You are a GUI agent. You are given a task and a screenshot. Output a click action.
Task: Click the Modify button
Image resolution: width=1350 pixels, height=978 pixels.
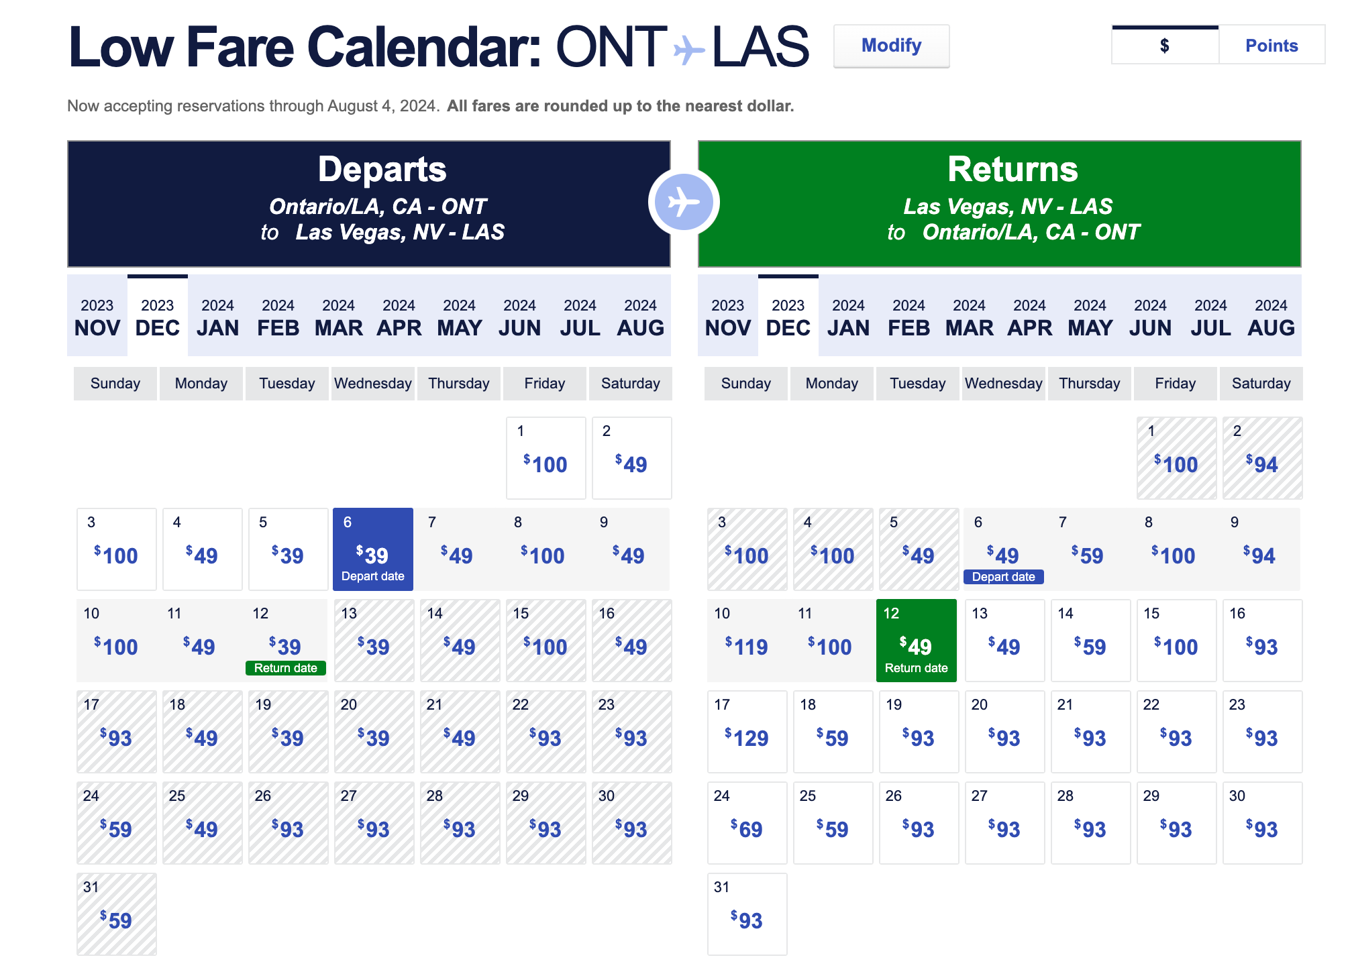(891, 46)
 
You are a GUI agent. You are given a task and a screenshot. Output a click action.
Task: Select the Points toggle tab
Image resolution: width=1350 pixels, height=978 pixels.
(1271, 46)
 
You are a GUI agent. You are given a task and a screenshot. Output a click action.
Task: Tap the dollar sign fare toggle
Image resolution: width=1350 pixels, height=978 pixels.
(1165, 46)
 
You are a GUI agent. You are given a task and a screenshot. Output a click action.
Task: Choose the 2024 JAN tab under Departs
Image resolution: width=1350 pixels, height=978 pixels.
(218, 316)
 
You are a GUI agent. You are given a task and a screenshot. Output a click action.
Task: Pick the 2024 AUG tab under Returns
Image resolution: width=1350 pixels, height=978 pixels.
(1271, 316)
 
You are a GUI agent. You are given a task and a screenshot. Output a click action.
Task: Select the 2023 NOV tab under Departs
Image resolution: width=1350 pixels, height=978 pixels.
(97, 316)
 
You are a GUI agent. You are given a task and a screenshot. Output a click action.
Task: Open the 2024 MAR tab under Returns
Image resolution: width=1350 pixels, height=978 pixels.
(970, 316)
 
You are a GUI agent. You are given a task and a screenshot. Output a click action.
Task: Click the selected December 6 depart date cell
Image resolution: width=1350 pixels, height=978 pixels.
(373, 549)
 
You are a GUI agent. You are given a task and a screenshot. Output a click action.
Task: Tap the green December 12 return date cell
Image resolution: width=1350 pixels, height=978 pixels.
(917, 641)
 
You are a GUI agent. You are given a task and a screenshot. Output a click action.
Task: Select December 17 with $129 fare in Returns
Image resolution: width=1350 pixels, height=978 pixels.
(747, 732)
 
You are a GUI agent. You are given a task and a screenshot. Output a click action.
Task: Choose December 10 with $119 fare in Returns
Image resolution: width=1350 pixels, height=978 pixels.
(747, 641)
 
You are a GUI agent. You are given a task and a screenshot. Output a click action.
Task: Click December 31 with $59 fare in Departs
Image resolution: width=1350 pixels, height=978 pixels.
(117, 914)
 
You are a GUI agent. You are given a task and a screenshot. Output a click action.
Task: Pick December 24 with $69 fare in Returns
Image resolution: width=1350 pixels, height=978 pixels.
(747, 823)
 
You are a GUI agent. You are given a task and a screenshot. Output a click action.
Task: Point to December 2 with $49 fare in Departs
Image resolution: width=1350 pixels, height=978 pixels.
(632, 458)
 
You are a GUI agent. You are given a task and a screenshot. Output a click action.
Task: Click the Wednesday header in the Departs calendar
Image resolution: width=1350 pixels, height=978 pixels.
(373, 384)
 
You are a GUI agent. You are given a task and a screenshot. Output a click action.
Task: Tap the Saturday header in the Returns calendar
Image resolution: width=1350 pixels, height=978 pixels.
(1261, 384)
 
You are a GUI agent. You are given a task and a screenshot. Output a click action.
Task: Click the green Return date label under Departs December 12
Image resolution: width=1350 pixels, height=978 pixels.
(286, 668)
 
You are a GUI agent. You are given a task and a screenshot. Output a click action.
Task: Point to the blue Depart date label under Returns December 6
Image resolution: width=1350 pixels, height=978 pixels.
(1004, 577)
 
